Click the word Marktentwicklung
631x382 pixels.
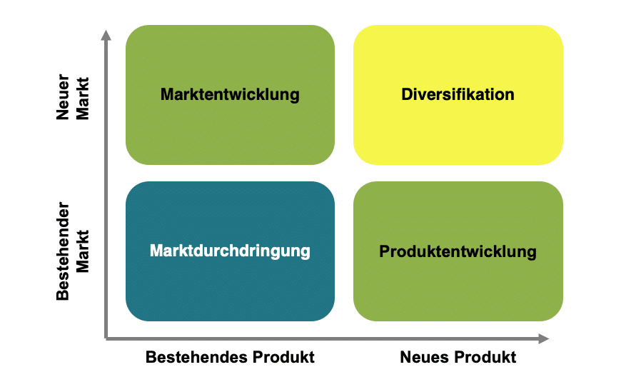pos(230,95)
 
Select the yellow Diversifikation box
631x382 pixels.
pos(458,94)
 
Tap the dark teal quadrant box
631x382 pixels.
pos(230,251)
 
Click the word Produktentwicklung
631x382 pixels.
pos(458,251)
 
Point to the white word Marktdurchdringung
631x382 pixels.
pos(230,251)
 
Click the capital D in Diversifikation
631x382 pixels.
pos(406,94)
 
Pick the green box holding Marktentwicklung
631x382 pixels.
pos(230,94)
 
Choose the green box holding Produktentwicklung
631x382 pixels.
pos(458,251)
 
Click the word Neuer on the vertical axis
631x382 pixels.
pos(63,97)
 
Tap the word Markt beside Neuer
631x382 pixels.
pos(83,99)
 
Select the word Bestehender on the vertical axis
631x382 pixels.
pos(63,251)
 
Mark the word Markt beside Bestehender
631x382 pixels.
pos(83,251)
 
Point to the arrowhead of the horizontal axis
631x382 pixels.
pos(544,339)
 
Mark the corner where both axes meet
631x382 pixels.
pos(106,339)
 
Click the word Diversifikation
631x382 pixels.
pos(458,94)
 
